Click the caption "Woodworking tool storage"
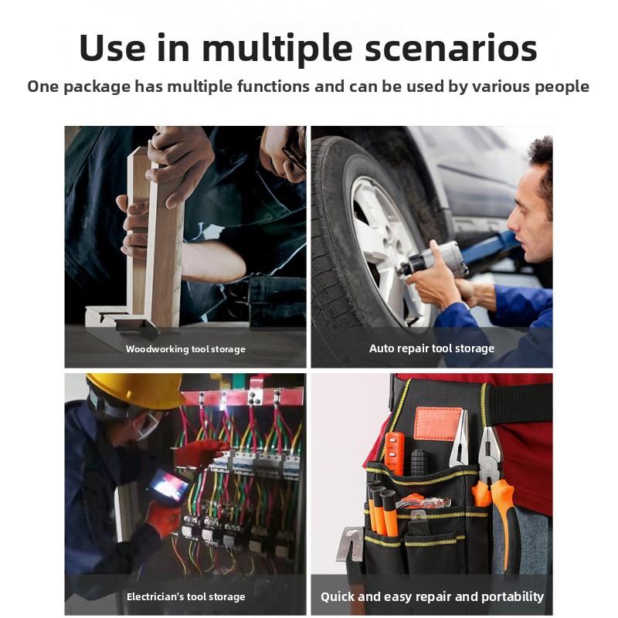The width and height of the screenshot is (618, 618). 185,349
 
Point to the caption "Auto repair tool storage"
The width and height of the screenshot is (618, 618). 431,348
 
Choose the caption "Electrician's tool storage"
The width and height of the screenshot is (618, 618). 185,596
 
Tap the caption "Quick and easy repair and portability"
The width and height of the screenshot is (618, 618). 432,596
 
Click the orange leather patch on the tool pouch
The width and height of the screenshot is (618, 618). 437,423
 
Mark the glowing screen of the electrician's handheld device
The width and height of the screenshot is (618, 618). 168,486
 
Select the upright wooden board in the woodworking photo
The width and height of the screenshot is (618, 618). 165,247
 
